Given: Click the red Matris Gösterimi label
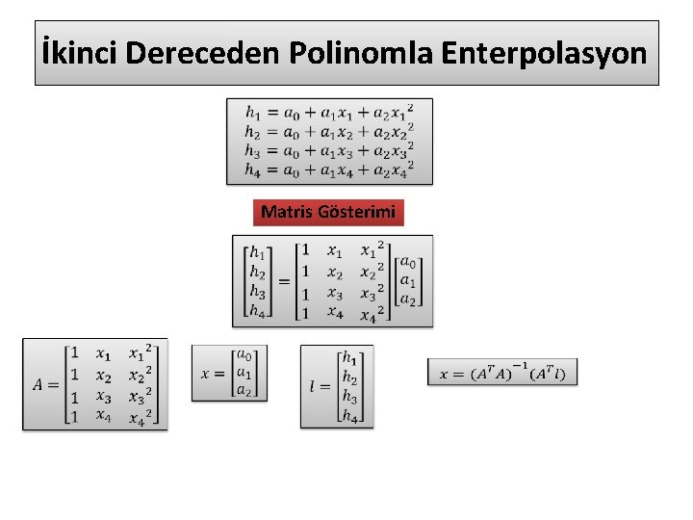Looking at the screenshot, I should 328,212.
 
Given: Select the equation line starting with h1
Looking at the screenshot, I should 329,112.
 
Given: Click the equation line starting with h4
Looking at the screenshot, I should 329,169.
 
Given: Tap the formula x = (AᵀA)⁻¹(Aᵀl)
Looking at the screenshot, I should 502,373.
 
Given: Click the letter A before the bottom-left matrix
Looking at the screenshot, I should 38,384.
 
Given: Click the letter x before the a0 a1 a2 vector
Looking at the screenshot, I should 206,373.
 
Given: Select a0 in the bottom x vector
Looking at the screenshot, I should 244,355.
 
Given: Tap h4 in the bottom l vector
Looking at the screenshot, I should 351,417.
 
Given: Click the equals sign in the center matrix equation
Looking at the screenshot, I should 285,281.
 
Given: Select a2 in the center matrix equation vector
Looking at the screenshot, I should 407,299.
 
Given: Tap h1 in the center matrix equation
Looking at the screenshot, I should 257,254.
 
